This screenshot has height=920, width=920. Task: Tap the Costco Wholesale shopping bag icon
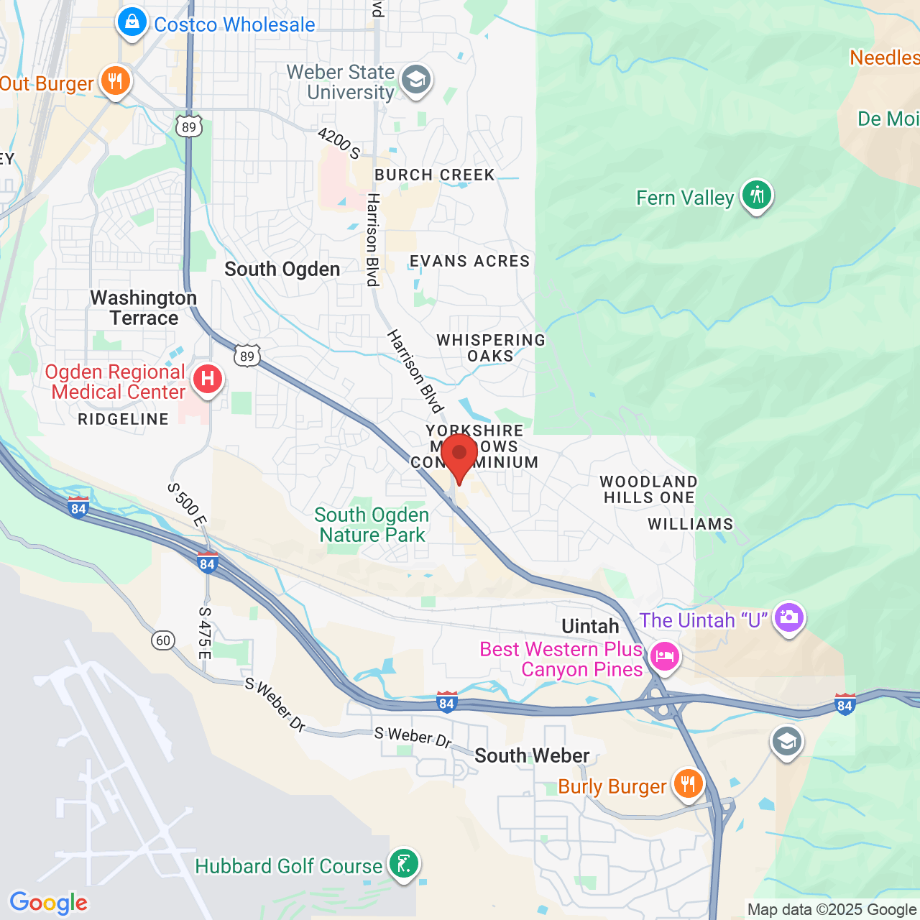tap(132, 23)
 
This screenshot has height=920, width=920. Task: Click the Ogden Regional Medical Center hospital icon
tap(208, 379)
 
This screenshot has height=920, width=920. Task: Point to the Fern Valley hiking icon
tap(756, 195)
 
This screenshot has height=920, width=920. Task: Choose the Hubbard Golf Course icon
tap(404, 863)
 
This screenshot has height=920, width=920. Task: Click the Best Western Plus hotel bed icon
tap(664, 656)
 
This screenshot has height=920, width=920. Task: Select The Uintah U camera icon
tap(789, 617)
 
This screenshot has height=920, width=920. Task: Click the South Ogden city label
tap(282, 270)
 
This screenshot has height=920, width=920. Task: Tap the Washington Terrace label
tap(144, 308)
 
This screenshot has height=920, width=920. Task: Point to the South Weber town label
tap(532, 755)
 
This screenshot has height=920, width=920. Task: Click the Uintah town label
tap(590, 626)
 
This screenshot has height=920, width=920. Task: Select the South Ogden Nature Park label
tap(372, 525)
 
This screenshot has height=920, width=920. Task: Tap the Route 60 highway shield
tap(164, 640)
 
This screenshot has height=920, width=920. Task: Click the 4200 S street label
tap(339, 142)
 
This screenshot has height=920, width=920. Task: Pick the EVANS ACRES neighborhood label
tap(470, 262)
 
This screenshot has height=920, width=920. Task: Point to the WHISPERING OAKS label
tap(491, 348)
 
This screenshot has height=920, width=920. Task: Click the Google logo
tap(49, 903)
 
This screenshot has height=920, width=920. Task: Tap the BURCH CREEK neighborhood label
tap(435, 175)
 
